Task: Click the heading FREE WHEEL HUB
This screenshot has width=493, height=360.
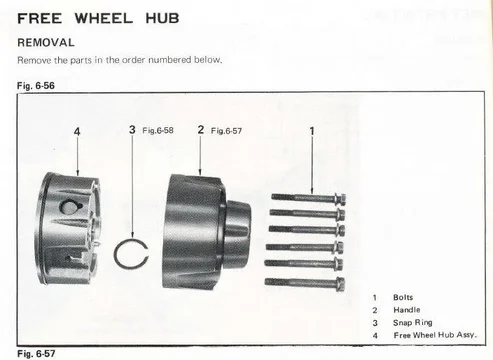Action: [x=98, y=18]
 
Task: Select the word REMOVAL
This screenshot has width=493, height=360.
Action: [x=46, y=42]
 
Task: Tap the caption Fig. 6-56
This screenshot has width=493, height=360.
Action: [x=36, y=86]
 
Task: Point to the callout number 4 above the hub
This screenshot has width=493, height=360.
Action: [x=77, y=131]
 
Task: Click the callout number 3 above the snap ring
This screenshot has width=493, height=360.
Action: [x=132, y=129]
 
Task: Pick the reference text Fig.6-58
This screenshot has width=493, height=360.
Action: [x=158, y=130]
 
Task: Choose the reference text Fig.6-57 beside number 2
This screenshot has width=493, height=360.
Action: [x=226, y=131]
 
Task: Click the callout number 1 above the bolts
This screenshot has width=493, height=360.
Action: [x=312, y=131]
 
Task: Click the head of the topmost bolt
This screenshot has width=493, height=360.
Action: [x=340, y=199]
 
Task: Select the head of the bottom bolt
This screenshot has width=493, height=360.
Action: [x=340, y=284]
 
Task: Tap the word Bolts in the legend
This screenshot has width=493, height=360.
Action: [x=403, y=297]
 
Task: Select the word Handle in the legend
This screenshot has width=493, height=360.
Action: [x=407, y=310]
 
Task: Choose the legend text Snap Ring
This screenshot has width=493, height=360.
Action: [x=413, y=323]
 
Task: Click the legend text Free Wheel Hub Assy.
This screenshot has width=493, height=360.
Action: [x=435, y=335]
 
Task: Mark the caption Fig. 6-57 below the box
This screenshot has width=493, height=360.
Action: [x=36, y=354]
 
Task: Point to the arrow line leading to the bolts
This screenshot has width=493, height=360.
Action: [x=312, y=165]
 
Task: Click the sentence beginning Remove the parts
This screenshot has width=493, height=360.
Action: [x=120, y=60]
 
